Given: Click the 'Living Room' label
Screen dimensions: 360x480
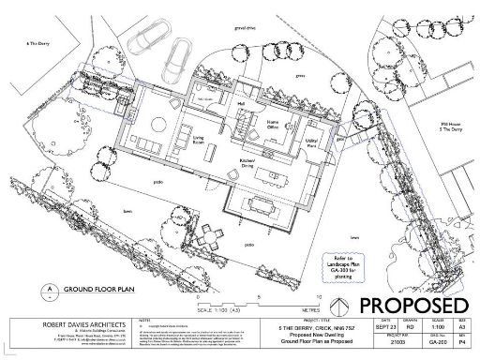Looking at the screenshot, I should point(199,141).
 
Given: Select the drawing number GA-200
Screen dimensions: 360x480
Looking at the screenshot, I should point(438,344).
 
